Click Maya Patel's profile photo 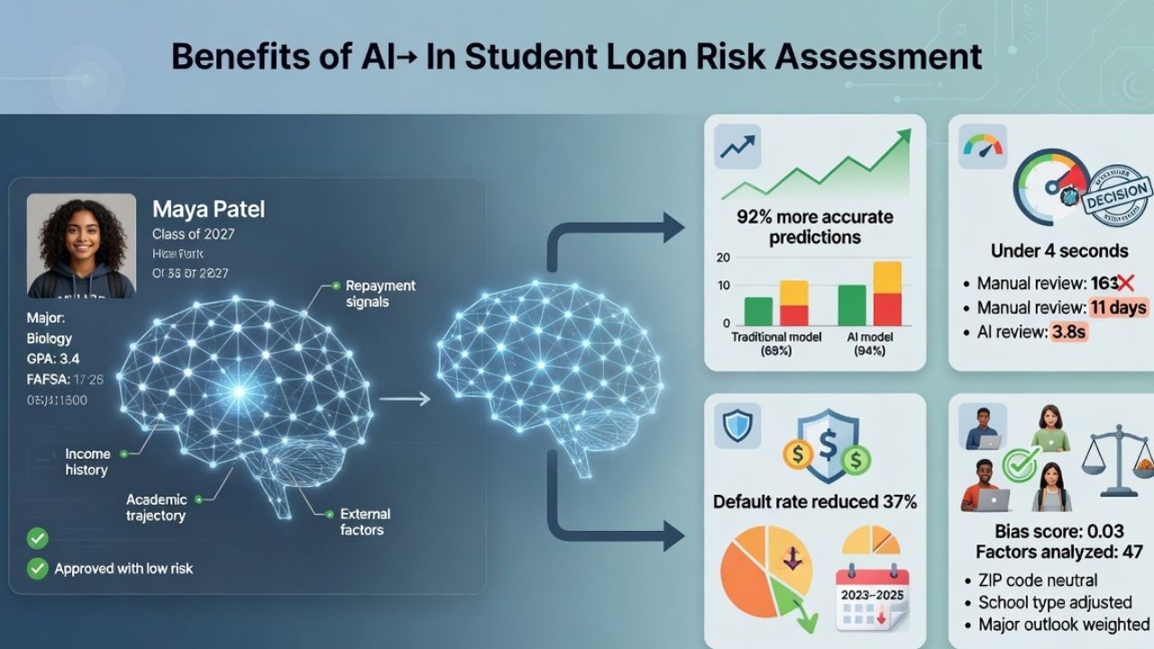(81, 245)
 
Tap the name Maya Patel (208, 210)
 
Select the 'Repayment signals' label (380, 293)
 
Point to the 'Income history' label (87, 462)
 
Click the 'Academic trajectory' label (156, 507)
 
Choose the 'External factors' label (365, 522)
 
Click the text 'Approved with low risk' (124, 569)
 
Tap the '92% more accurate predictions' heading (815, 227)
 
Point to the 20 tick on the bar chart (722, 258)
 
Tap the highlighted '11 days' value (1117, 307)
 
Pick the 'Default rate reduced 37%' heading (815, 501)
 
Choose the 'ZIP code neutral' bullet (1038, 580)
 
